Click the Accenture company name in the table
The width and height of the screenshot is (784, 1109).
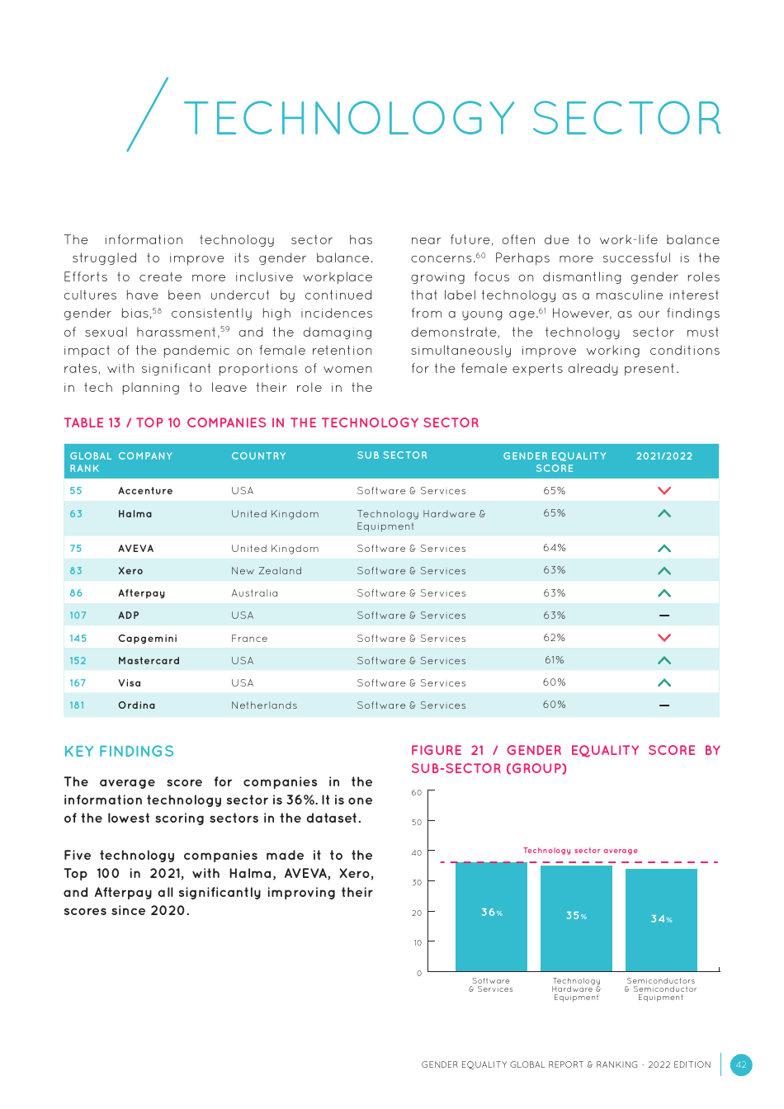[x=145, y=491]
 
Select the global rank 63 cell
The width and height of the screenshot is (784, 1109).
[x=76, y=514]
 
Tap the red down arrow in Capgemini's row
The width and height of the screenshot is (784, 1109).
[x=664, y=638]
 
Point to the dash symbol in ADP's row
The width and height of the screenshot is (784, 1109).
[x=664, y=616]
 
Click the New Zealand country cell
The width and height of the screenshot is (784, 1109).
[x=267, y=571]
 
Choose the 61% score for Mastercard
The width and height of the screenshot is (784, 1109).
[x=555, y=660]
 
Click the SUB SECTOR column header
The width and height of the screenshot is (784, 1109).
[x=392, y=455]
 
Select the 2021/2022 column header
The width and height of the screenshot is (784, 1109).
[x=664, y=456]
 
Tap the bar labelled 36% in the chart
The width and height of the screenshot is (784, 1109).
[x=491, y=916]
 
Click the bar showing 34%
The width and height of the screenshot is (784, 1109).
[x=661, y=920]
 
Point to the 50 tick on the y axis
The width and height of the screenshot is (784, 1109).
[x=417, y=823]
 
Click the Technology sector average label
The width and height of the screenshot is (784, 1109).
[x=580, y=851]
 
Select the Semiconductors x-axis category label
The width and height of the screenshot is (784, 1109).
[x=660, y=989]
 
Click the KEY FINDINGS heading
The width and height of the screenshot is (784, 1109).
[x=119, y=752]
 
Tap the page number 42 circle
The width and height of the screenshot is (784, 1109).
[x=741, y=1064]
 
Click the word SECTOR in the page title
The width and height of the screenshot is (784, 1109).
[x=626, y=119]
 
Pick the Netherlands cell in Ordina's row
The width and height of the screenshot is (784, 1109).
[x=264, y=706]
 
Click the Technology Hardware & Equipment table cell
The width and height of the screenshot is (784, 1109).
[x=421, y=520]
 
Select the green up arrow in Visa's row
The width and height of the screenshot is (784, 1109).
[x=664, y=683]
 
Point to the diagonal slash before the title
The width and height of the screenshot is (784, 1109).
[x=148, y=115]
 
